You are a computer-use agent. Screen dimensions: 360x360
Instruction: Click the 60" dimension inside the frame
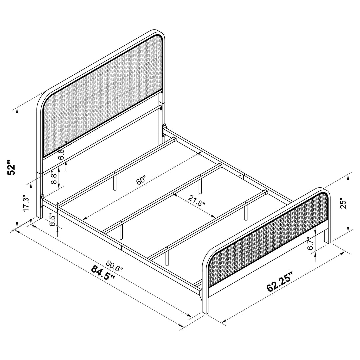point(141,181)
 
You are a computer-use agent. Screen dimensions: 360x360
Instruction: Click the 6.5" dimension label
point(52,221)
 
